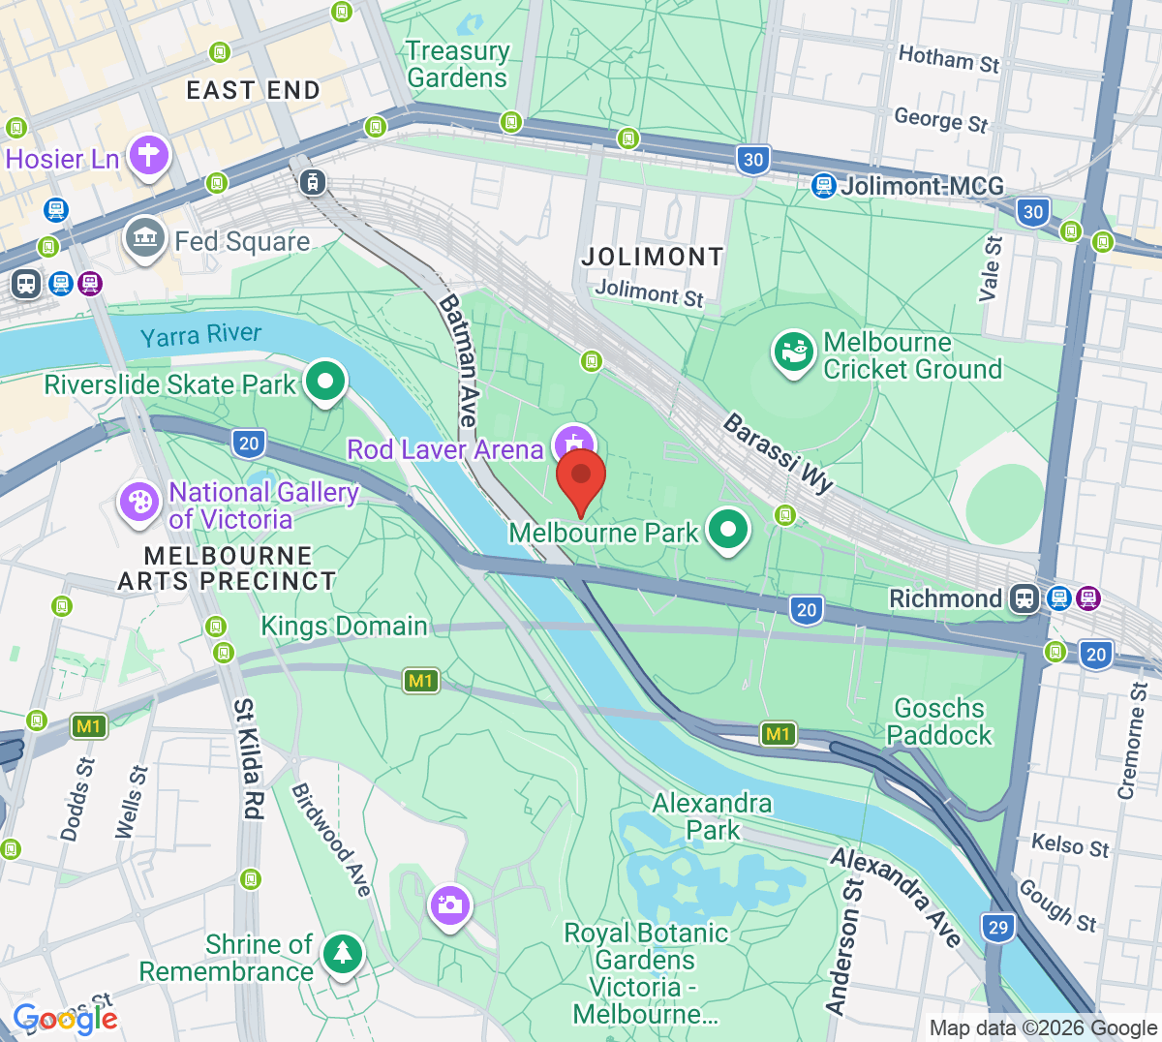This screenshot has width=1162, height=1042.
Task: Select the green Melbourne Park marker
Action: (x=728, y=530)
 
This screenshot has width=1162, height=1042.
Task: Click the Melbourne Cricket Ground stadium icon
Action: (x=793, y=352)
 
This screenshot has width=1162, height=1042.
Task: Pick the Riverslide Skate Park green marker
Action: (x=325, y=382)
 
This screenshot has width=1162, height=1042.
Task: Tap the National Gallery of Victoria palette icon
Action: (x=139, y=503)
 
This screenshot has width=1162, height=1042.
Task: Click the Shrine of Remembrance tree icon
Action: (x=342, y=954)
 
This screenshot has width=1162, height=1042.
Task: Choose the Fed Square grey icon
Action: (x=144, y=237)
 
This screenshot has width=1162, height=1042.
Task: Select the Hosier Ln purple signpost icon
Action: (x=148, y=155)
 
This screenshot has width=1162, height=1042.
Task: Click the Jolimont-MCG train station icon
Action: (x=823, y=185)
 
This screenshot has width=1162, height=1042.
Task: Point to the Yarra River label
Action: (x=201, y=335)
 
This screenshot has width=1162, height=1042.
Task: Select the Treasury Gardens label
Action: (x=457, y=64)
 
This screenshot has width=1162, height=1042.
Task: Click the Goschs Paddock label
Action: (x=939, y=721)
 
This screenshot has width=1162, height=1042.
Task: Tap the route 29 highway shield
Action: (x=998, y=927)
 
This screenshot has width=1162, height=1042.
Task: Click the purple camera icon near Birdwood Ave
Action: (x=449, y=905)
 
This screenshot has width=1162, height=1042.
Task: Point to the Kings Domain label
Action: (x=344, y=627)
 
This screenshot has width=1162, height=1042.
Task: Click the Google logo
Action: (x=65, y=1019)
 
